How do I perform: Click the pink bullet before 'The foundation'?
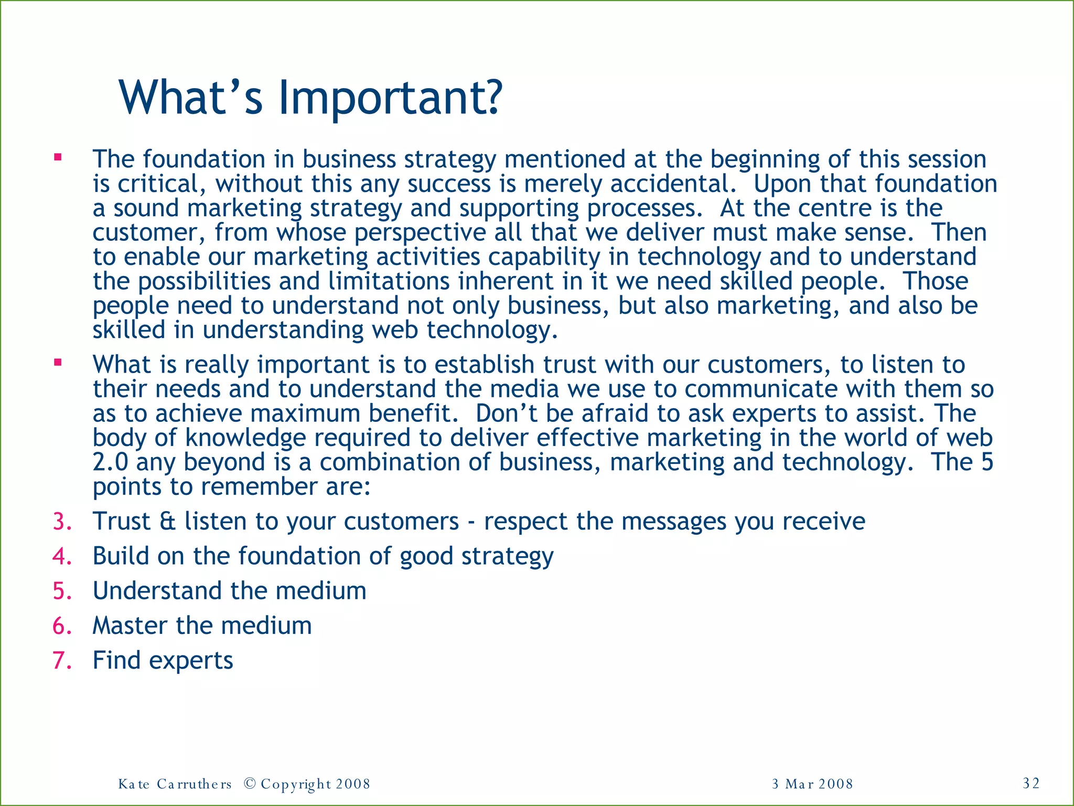(58, 157)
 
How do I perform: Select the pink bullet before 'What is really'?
(58, 362)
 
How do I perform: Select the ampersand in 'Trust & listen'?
(168, 522)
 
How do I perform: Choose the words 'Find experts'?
(163, 660)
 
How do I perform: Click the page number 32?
(1031, 783)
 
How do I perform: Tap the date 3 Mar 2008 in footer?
(812, 784)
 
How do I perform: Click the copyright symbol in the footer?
(250, 784)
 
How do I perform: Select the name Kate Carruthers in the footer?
(175, 784)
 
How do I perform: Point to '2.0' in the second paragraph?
(110, 462)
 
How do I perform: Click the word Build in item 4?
(120, 556)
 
